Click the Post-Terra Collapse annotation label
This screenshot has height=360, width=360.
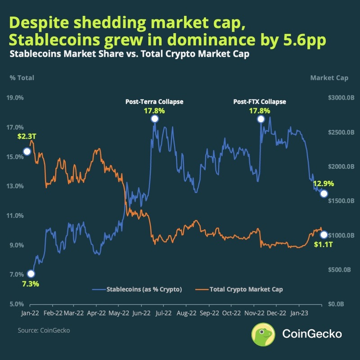pyautogui.click(x=154, y=102)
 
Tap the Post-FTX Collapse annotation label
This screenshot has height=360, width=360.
pyautogui.click(x=260, y=102)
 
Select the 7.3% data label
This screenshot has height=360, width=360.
pyautogui.click(x=31, y=284)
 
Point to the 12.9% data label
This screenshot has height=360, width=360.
pyautogui.click(x=324, y=184)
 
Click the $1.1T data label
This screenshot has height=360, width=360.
pyautogui.click(x=323, y=245)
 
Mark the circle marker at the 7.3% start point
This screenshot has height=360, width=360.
pyautogui.click(x=31, y=274)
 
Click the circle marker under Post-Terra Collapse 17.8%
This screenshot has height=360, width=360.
pyautogui.click(x=154, y=119)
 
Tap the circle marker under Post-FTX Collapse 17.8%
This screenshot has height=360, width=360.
pyautogui.click(x=260, y=119)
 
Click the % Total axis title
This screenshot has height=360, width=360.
pyautogui.click(x=22, y=78)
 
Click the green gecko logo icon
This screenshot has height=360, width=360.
pyautogui.click(x=263, y=333)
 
